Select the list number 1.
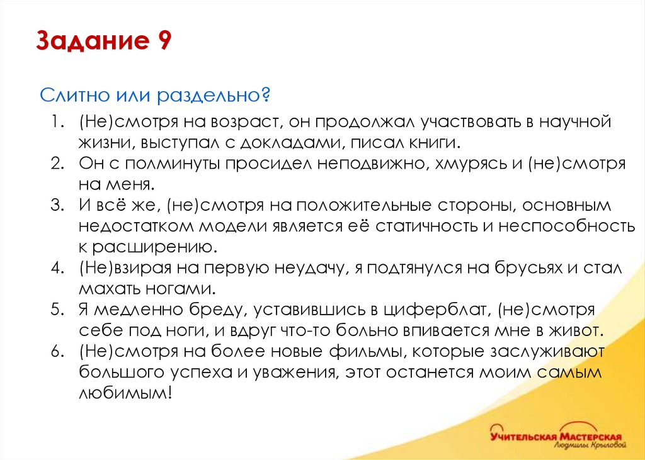(x=59, y=120)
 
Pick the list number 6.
(x=59, y=351)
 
